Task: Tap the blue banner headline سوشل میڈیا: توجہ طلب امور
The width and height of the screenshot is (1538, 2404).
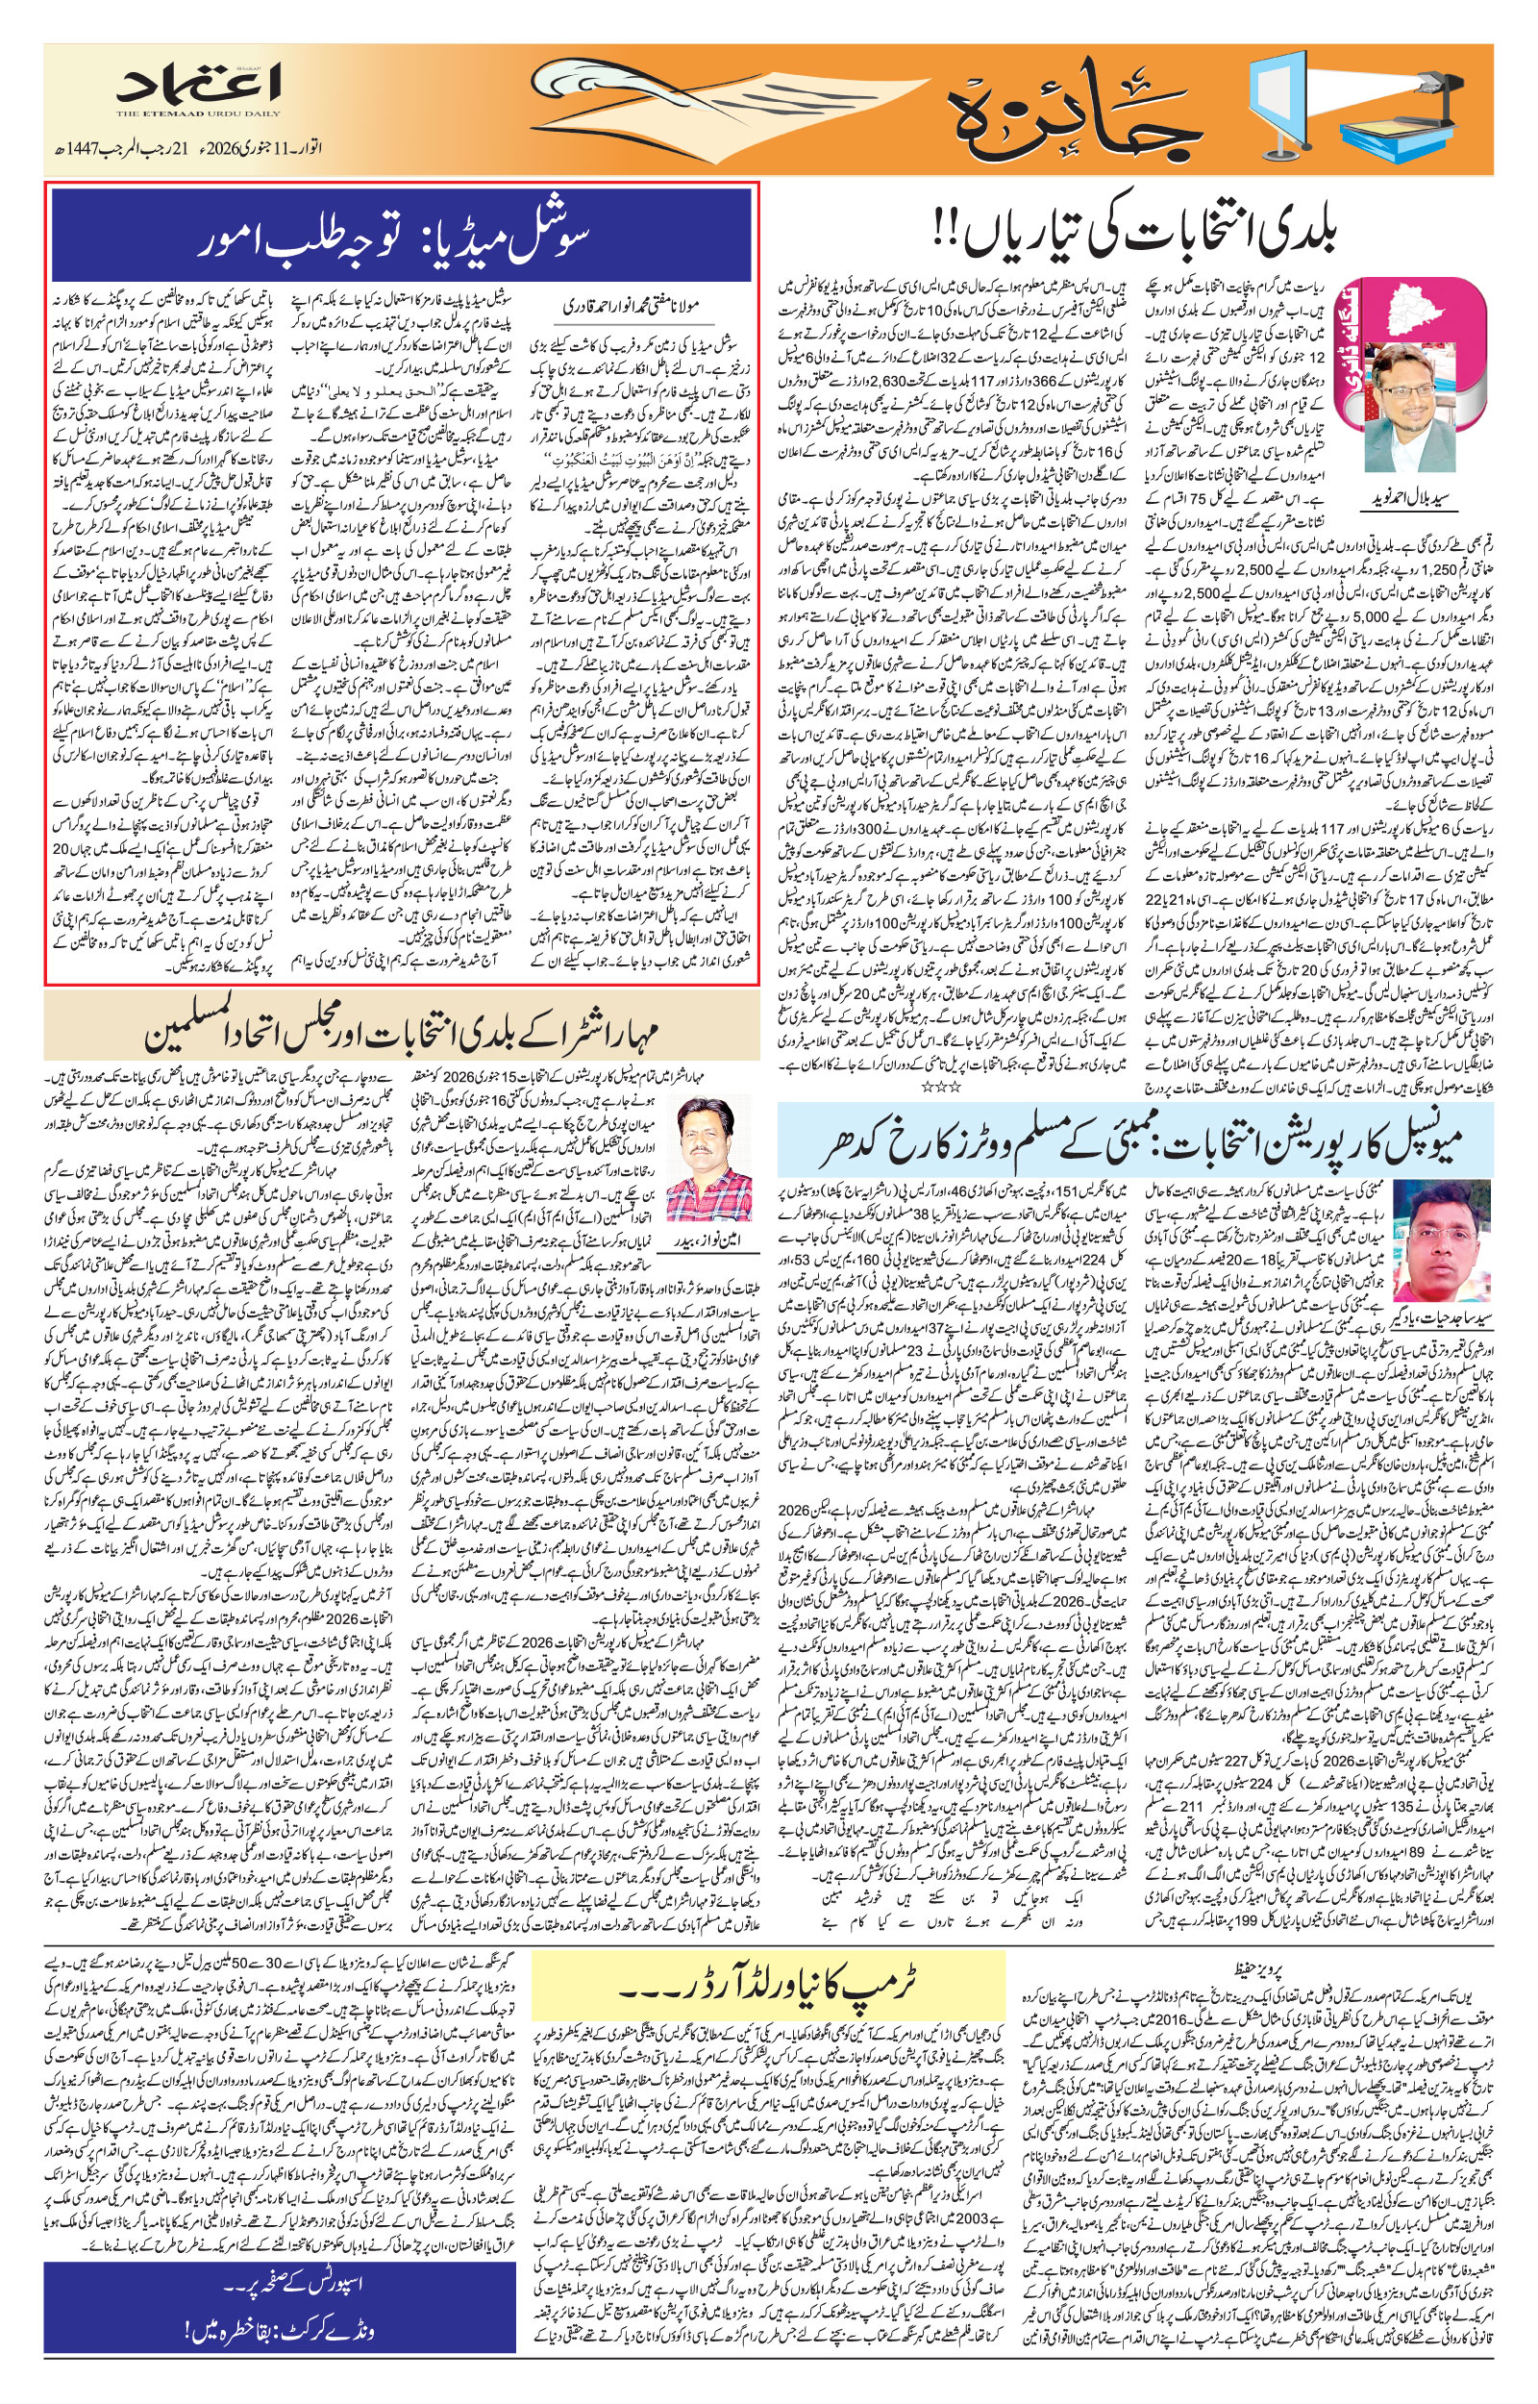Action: (x=401, y=237)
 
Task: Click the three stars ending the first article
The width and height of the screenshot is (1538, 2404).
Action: (x=940, y=1084)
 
